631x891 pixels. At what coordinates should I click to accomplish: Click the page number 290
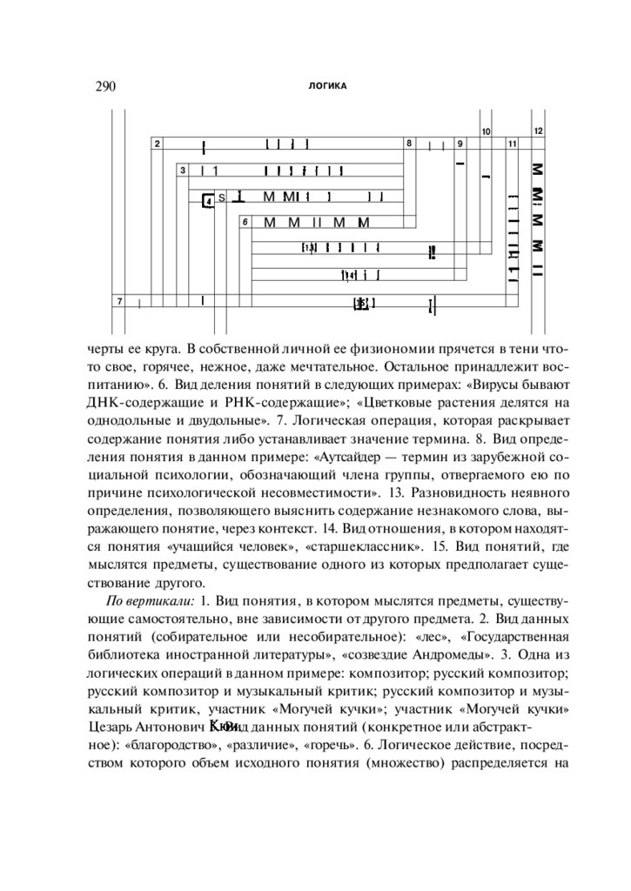103,86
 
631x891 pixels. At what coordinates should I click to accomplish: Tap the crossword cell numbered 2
157,144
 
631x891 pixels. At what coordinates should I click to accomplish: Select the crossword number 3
184,171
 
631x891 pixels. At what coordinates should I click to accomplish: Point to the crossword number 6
245,222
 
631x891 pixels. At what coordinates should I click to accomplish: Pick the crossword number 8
408,142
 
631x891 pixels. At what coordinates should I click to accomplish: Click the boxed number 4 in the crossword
208,201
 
